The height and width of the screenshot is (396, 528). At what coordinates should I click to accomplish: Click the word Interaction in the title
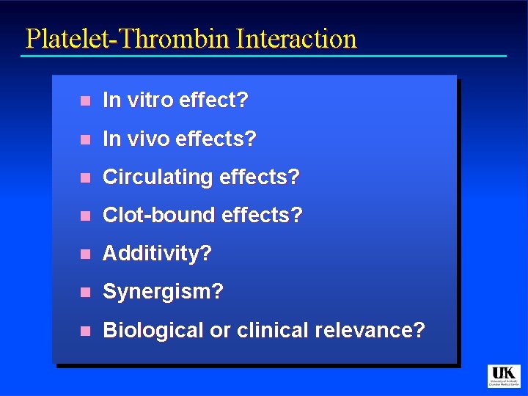pos(296,39)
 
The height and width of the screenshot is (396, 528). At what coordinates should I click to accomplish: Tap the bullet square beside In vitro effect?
pos(85,101)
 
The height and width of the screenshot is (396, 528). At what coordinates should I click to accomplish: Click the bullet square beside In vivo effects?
pos(85,139)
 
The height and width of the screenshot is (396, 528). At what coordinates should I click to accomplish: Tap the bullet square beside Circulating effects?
pos(85,177)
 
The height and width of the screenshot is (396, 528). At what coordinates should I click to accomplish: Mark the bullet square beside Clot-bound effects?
pos(85,216)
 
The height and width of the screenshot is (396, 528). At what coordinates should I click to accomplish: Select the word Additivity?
pos(157,254)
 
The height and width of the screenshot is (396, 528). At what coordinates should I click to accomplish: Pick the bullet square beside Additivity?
pos(85,254)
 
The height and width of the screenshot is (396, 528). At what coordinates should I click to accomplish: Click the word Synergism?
pos(163,292)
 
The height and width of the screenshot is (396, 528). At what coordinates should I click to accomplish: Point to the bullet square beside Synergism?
pos(85,292)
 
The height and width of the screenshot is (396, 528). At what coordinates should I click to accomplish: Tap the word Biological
pos(153,330)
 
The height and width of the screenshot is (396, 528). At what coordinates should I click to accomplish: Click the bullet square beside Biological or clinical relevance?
pos(85,331)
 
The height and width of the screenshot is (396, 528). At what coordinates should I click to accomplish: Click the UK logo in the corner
pos(504,375)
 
